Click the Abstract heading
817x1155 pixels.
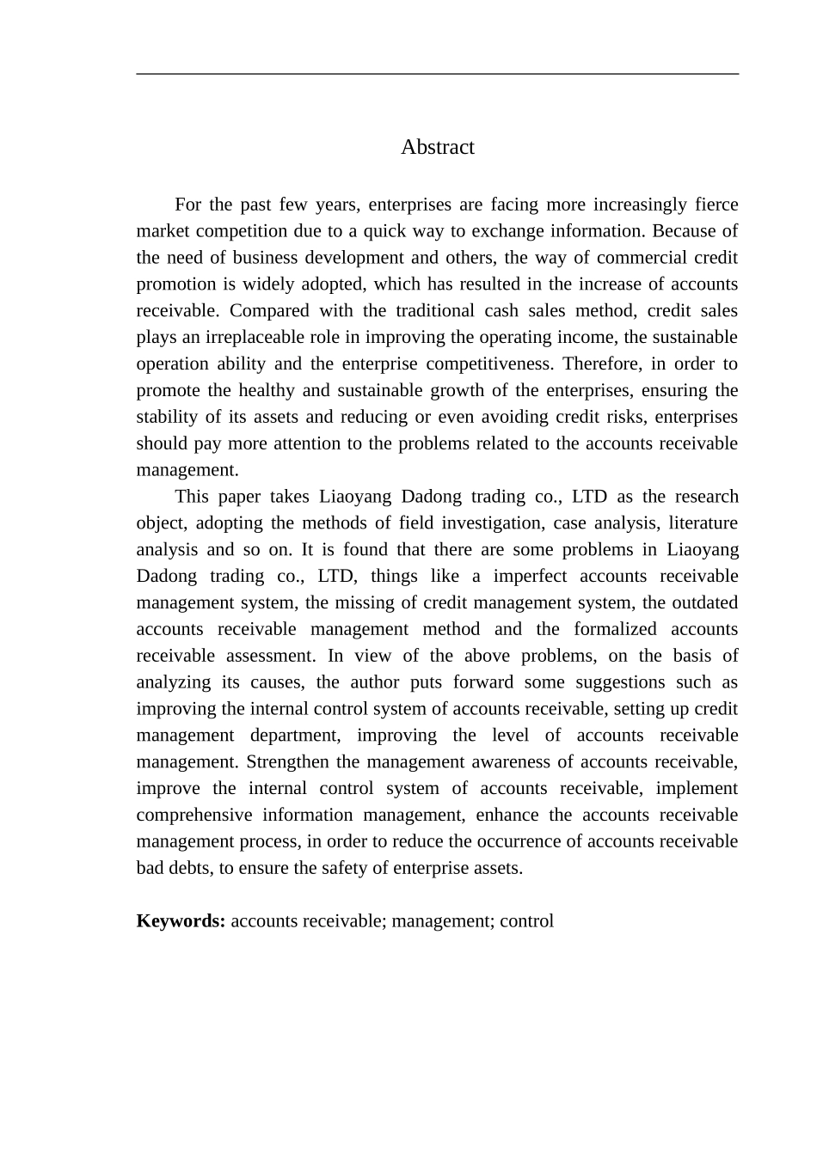click(437, 147)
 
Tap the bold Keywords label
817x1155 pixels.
click(181, 921)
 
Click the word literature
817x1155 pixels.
click(703, 523)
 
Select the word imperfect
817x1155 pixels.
click(530, 577)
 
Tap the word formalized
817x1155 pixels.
click(615, 630)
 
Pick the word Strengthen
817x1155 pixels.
click(288, 762)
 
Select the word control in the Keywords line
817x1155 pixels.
click(526, 921)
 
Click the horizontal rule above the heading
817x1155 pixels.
click(437, 74)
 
